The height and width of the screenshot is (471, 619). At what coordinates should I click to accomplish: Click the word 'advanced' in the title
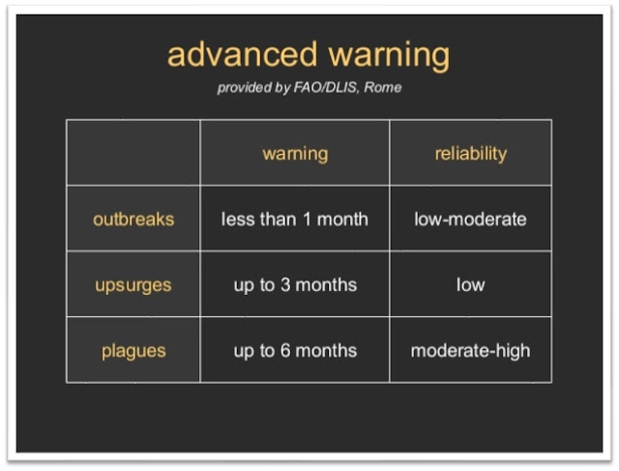pos(243,54)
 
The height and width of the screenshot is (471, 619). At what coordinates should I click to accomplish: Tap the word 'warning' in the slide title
pos(389,56)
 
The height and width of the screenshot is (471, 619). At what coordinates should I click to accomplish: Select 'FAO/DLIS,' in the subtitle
pos(327,87)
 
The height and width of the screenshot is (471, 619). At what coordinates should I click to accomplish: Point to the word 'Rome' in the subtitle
pos(383,87)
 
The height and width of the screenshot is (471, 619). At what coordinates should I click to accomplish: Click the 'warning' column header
pos(295,154)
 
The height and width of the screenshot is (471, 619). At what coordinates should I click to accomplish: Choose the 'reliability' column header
pos(471,153)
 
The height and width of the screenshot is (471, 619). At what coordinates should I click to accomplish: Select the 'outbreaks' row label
pos(133,220)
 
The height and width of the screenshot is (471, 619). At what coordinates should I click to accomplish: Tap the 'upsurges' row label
pos(133,285)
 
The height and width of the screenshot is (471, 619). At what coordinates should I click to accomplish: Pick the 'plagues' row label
pos(133,351)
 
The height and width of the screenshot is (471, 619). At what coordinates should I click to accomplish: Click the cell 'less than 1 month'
pos(294,220)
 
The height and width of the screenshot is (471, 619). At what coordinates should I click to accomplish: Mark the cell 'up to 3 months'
pos(295,285)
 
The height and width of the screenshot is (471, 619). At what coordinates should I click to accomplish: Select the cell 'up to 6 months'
pos(295,351)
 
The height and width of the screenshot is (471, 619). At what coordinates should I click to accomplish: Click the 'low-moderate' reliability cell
pos(471,220)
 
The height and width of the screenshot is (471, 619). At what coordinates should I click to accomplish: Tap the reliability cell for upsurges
pos(471,284)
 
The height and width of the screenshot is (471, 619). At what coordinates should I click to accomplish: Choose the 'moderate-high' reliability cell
pos(471,351)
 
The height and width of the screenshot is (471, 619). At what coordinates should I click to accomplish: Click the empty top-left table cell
pos(133,153)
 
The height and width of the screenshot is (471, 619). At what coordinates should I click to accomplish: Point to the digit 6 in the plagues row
pos(285,350)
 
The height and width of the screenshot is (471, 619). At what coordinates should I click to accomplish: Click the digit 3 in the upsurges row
pos(285,284)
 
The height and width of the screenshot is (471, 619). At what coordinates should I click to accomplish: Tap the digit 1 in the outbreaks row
pos(307,220)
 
